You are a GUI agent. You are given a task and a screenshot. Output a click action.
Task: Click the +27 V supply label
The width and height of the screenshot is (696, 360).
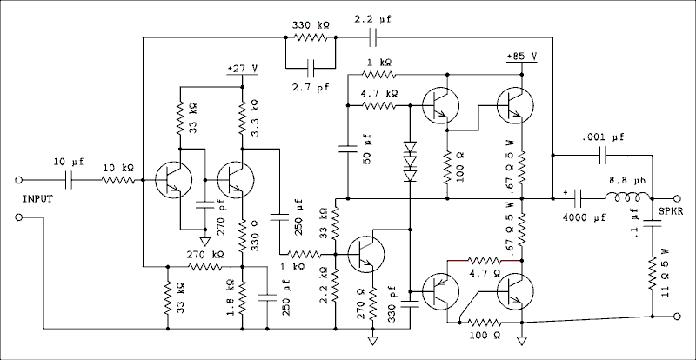tap(241, 67)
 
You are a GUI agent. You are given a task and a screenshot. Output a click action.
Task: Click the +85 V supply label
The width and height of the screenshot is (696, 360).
tap(520, 57)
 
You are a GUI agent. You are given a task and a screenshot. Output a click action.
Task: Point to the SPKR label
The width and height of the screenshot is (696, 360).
tap(670, 211)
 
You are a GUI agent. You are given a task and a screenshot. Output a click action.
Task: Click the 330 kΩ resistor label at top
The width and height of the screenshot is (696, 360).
tap(308, 26)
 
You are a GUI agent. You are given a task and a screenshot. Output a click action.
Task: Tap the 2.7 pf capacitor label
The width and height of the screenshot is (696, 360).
tap(309, 87)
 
